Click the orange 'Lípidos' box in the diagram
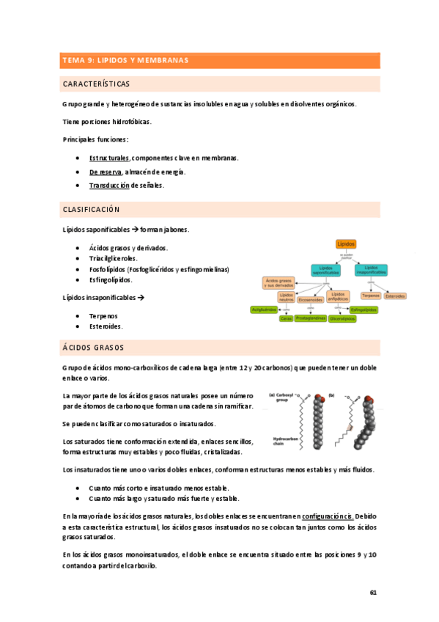pos(345,244)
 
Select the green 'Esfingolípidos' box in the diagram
pos(364,310)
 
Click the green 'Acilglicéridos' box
pos(264,310)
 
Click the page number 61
pos(373,592)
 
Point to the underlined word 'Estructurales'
pos(109,158)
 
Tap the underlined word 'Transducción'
pos(109,186)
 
